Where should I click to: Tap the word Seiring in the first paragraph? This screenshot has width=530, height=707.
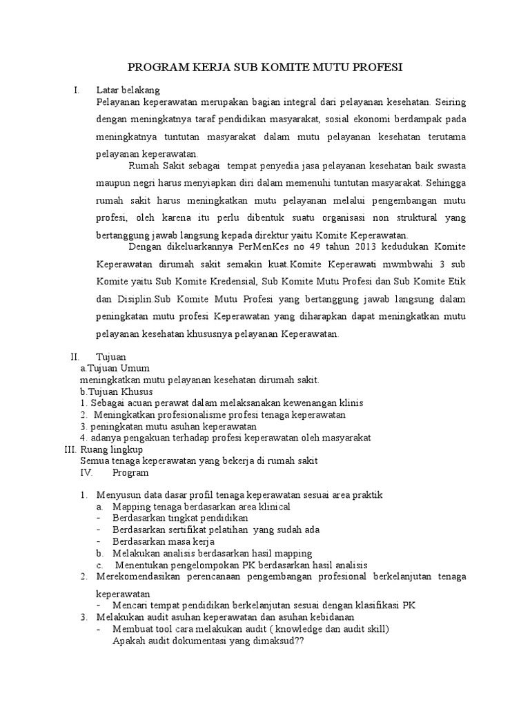coord(449,102)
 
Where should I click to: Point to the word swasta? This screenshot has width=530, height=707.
coord(449,166)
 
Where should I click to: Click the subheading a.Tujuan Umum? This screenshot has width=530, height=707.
coord(115,368)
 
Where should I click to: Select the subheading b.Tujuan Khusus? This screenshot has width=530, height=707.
coord(117,391)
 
